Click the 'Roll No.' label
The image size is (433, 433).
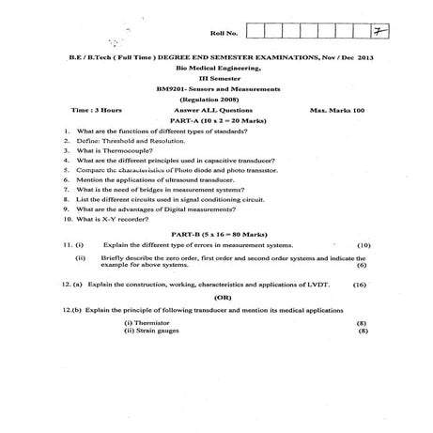pyautogui.click(x=231, y=33)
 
